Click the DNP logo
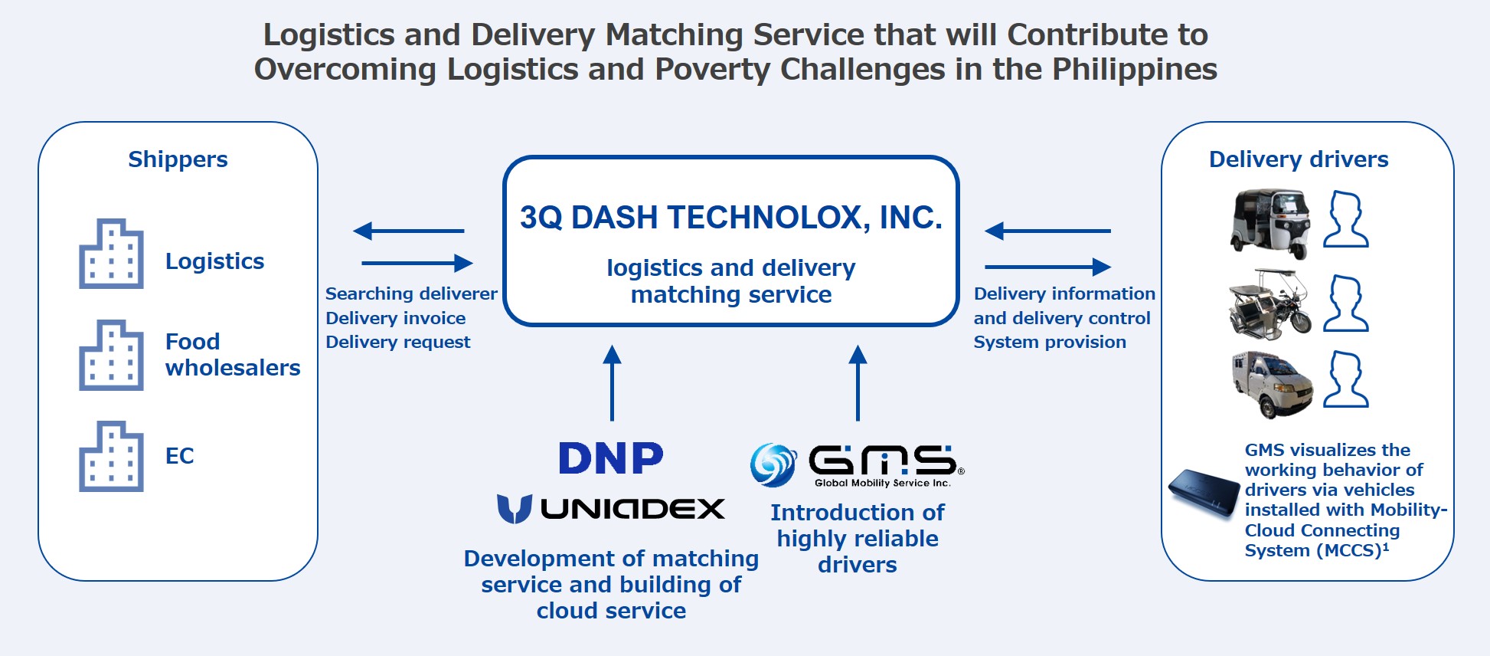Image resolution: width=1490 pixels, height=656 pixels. tap(610, 458)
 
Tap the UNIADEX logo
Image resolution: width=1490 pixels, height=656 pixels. tap(611, 509)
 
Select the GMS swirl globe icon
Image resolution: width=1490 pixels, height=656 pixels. tap(773, 464)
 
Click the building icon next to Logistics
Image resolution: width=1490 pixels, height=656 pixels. tap(111, 254)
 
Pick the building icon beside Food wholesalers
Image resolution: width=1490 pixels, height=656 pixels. tap(111, 356)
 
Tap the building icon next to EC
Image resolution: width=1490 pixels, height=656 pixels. tap(111, 457)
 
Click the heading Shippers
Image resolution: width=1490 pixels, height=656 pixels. tap(178, 159)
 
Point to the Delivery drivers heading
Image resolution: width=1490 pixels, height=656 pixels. tap(1298, 159)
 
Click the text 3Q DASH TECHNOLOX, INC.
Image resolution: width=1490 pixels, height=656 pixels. tap(730, 218)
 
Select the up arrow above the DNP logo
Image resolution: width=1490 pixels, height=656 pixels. tap(612, 382)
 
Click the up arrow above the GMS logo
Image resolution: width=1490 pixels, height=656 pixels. tap(858, 382)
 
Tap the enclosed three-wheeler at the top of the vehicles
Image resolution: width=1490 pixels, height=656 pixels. tap(1270, 223)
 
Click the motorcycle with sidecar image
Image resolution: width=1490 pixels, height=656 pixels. tap(1269, 304)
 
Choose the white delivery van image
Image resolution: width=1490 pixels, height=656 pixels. tap(1272, 384)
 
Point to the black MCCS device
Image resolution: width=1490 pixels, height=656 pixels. tap(1203, 494)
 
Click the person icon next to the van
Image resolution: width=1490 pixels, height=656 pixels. tap(1345, 379)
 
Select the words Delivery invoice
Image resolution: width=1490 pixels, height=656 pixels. tap(395, 318)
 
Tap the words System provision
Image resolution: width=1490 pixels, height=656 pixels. tap(1049, 343)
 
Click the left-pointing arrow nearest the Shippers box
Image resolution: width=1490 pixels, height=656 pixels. tap(408, 231)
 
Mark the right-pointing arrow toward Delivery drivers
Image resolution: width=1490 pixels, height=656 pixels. tap(1047, 267)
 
